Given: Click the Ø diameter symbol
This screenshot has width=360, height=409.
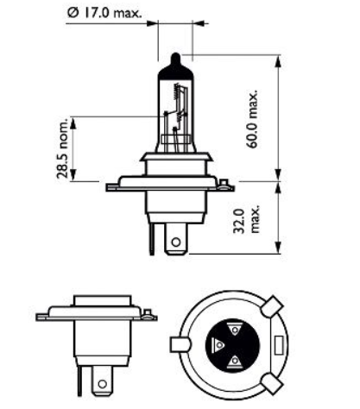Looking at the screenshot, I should tap(71, 13).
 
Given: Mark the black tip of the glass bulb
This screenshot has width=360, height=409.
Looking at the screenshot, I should tap(175, 62).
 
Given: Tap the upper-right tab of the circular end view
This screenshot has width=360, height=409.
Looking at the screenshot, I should tap(274, 306).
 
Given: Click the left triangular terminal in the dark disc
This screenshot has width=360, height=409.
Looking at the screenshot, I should tap(218, 343).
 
